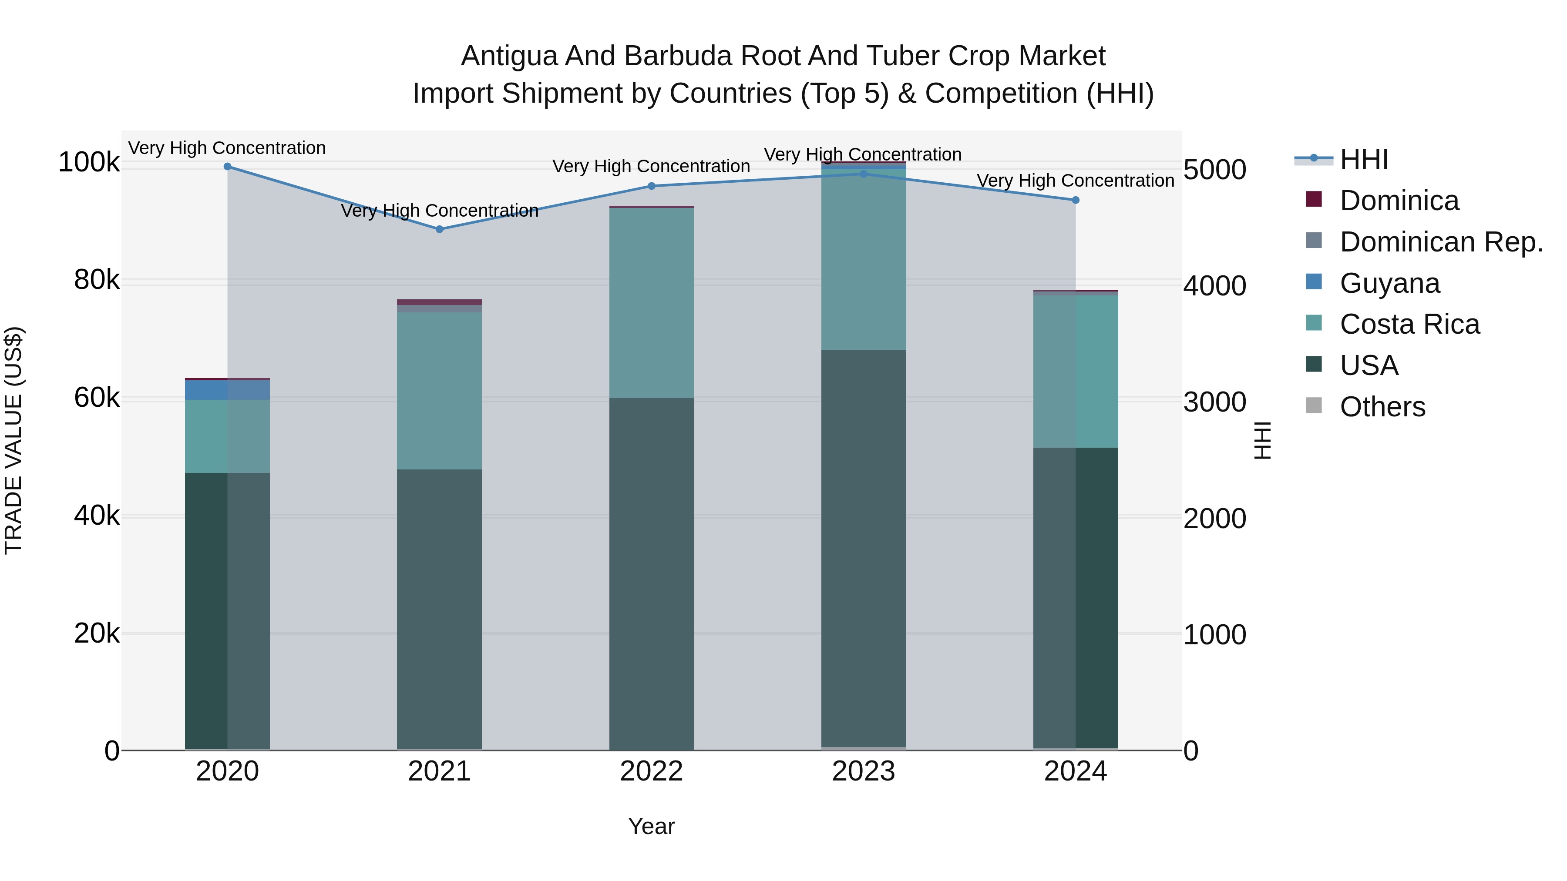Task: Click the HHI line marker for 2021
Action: (x=439, y=229)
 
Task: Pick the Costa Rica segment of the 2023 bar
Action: (x=863, y=261)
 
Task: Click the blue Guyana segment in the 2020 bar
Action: (x=227, y=390)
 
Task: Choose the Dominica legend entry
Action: (x=1399, y=201)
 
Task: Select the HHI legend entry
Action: (x=1364, y=159)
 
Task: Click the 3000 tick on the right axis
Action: (x=1214, y=402)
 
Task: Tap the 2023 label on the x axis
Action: (x=863, y=771)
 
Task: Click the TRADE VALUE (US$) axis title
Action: (x=13, y=440)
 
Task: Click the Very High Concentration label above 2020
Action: (x=227, y=148)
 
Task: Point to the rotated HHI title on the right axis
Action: (x=1263, y=440)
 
